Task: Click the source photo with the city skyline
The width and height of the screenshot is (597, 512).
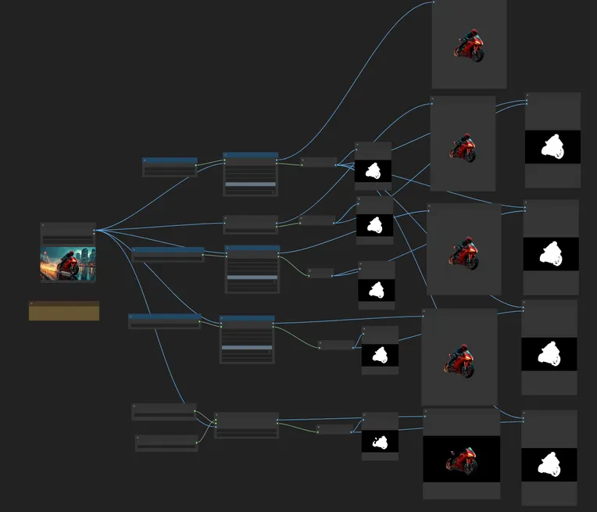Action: pyautogui.click(x=68, y=264)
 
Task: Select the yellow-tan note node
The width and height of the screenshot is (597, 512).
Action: pyautogui.click(x=64, y=312)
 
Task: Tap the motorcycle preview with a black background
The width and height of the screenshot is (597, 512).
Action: pyautogui.click(x=461, y=459)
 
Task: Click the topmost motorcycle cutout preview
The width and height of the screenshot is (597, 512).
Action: pyautogui.click(x=469, y=46)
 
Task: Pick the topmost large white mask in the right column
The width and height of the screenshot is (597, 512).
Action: pyautogui.click(x=552, y=147)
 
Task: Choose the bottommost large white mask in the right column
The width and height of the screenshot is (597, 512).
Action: pyautogui.click(x=549, y=464)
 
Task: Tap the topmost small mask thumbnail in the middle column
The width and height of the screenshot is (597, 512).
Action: pyautogui.click(x=374, y=171)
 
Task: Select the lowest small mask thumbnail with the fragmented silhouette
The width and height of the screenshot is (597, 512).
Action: pyautogui.click(x=380, y=442)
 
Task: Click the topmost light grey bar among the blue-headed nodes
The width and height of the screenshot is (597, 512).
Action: pyautogui.click(x=250, y=184)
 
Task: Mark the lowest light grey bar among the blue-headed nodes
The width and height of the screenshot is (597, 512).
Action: pyautogui.click(x=247, y=347)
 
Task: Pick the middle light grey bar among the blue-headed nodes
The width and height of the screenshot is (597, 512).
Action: pyautogui.click(x=252, y=277)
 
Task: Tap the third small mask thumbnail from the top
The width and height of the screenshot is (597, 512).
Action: pyautogui.click(x=377, y=290)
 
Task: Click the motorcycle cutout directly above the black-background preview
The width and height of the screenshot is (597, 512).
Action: pyautogui.click(x=460, y=359)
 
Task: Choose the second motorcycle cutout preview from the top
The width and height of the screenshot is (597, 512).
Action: pyautogui.click(x=463, y=146)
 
